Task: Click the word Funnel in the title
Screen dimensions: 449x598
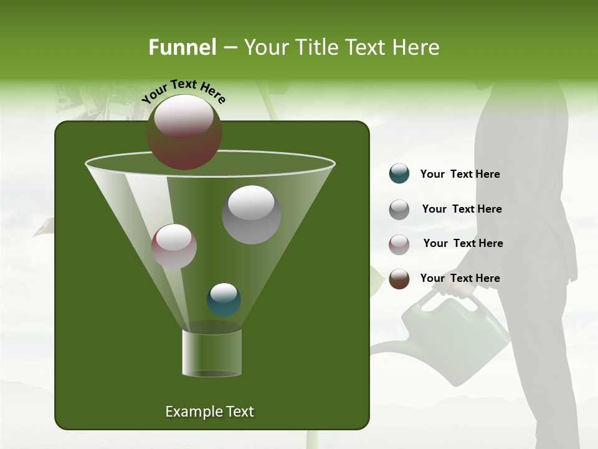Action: click(x=182, y=47)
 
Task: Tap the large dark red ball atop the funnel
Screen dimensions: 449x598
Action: click(x=184, y=132)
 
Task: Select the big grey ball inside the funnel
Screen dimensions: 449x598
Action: click(x=251, y=215)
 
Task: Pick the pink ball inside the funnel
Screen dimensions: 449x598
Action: click(x=174, y=246)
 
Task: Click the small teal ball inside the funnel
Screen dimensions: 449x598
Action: click(x=224, y=300)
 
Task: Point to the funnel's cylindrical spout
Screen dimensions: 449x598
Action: click(x=212, y=353)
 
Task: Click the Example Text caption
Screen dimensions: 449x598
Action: click(x=209, y=412)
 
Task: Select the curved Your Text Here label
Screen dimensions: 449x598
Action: click(x=183, y=90)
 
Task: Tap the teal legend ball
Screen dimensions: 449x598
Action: click(x=399, y=174)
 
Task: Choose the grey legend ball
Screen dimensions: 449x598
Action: click(x=399, y=210)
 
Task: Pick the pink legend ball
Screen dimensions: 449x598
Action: click(x=399, y=244)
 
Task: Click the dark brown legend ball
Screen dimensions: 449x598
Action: click(x=399, y=279)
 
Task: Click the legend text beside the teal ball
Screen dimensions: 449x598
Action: click(x=460, y=175)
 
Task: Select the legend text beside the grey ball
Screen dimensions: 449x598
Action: click(x=462, y=210)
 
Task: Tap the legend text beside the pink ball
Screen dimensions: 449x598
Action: click(x=463, y=244)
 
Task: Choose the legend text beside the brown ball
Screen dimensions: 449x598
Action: click(x=460, y=278)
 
